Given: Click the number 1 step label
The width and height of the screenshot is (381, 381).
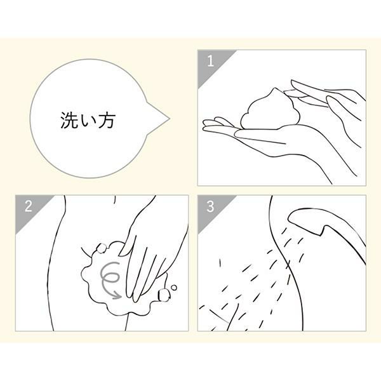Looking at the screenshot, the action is click(x=210, y=61).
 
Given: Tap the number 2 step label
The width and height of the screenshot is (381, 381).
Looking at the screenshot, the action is click(x=28, y=206).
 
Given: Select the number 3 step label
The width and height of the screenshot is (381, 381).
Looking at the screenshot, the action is click(x=210, y=206).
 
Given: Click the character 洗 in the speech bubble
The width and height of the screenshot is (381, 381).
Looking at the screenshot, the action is click(x=69, y=120).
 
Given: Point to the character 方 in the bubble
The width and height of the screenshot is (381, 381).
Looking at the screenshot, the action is click(x=106, y=120).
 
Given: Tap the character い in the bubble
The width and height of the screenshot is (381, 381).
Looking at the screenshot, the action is click(x=88, y=121).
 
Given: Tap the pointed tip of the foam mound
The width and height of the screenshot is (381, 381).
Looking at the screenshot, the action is click(x=276, y=88).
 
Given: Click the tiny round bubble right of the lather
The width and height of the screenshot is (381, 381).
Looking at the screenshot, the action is click(x=174, y=288).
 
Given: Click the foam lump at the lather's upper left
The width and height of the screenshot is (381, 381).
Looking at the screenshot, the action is click(x=101, y=248).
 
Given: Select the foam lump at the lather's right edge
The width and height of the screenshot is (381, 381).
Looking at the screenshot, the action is click(x=163, y=295).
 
